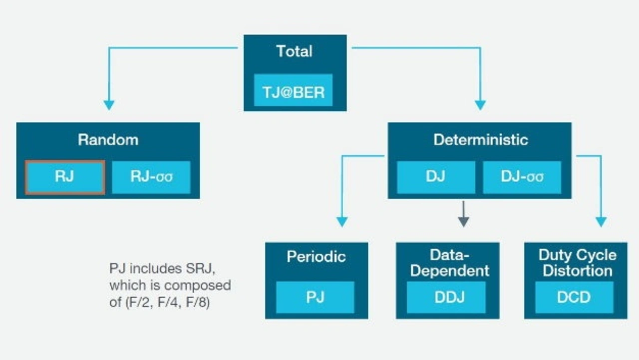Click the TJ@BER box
pos(293,90)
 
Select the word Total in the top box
pos(295,51)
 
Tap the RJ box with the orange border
pos(65,177)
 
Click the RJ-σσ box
pos(151,177)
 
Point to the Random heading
pos(108,140)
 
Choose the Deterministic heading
pos(481,140)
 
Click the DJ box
pos(436,177)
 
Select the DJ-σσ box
pos(522,177)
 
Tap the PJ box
pos(315,297)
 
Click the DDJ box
pos(446,297)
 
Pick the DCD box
pos(574,297)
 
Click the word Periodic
pos(317,257)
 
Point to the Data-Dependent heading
pos(450,263)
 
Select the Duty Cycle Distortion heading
pos(578,263)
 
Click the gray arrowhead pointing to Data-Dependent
pos(464,222)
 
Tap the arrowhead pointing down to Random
pos(109,105)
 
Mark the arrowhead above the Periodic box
pos(342,222)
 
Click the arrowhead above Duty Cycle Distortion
pos(602,222)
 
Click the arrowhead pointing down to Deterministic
pos(480,105)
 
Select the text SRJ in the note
pos(201,269)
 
